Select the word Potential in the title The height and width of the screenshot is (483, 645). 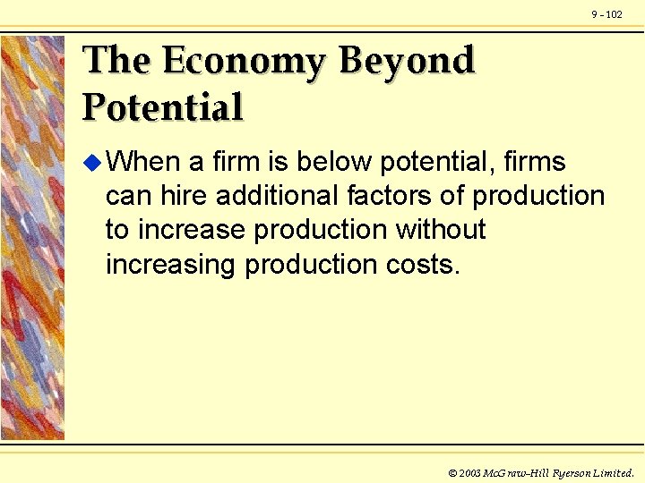(x=163, y=107)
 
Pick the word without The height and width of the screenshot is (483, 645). (x=441, y=230)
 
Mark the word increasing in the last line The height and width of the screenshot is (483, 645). (x=171, y=266)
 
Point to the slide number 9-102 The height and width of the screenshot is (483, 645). (x=606, y=14)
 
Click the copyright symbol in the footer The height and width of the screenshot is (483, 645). (x=452, y=472)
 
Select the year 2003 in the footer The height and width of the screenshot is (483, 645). (x=470, y=472)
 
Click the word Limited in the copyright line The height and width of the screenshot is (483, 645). (x=613, y=472)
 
